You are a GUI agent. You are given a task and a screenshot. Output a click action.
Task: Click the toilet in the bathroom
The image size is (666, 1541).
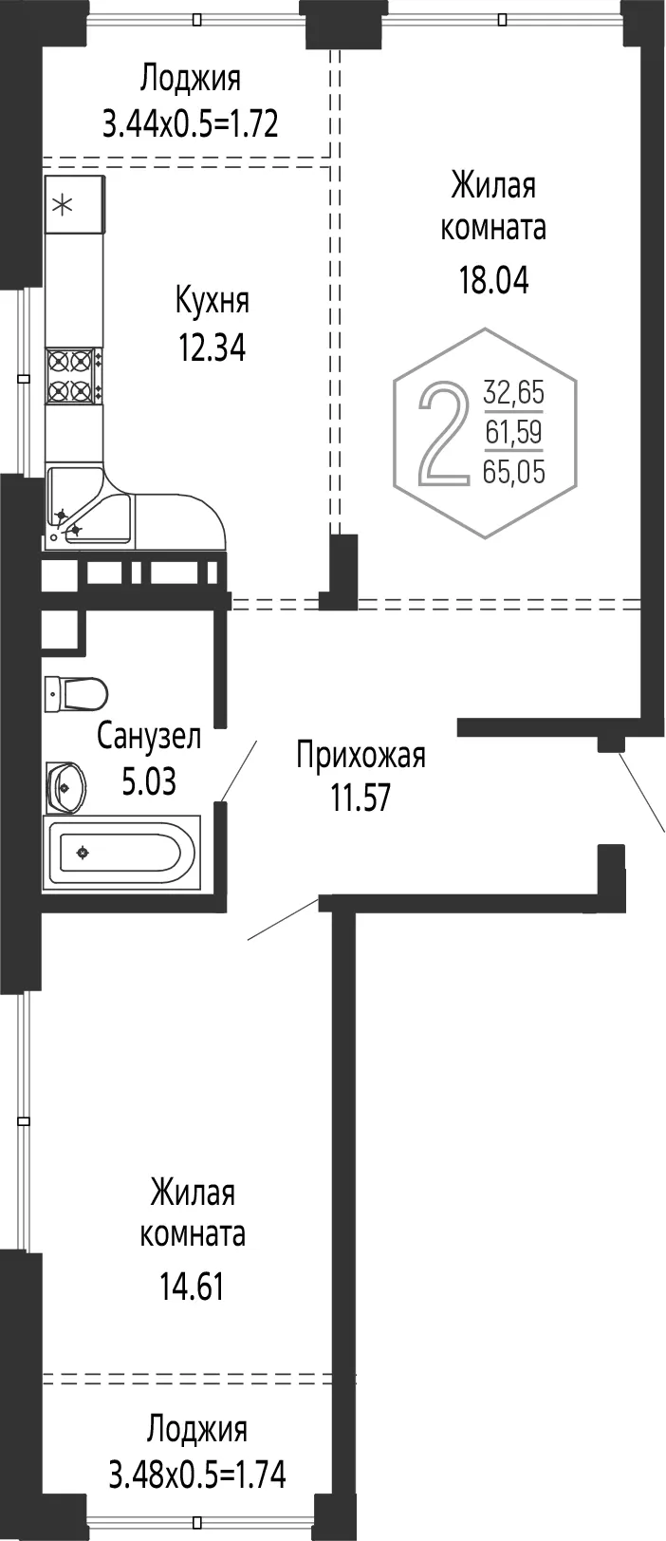pyautogui.click(x=76, y=693)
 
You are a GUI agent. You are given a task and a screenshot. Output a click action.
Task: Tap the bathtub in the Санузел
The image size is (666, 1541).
pyautogui.click(x=121, y=853)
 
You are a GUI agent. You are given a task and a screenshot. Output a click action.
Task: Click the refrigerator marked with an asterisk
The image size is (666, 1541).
pyautogui.click(x=75, y=205)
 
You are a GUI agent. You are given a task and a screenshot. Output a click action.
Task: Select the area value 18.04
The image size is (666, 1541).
pyautogui.click(x=493, y=280)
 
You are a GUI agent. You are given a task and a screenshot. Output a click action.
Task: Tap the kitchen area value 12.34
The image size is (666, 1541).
pyautogui.click(x=212, y=348)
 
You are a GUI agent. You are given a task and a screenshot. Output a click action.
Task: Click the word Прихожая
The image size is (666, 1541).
pyautogui.click(x=361, y=755)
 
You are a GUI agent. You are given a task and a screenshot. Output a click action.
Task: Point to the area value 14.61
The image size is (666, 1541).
pyautogui.click(x=192, y=1286)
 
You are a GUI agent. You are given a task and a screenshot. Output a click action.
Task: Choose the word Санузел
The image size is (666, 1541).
pyautogui.click(x=149, y=736)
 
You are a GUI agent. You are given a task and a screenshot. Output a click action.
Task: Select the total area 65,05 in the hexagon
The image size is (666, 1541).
pyautogui.click(x=514, y=472)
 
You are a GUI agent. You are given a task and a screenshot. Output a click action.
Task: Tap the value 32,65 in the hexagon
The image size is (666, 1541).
pyautogui.click(x=514, y=392)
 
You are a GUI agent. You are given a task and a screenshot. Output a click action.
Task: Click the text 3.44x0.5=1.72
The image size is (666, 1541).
pyautogui.click(x=191, y=124)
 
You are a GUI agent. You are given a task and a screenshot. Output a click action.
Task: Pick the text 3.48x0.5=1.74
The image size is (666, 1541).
pyautogui.click(x=197, y=1455)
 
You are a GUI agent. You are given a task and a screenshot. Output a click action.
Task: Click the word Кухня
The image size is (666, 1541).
pyautogui.click(x=213, y=301)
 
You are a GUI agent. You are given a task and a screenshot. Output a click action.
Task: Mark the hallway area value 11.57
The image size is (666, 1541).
pyautogui.click(x=361, y=798)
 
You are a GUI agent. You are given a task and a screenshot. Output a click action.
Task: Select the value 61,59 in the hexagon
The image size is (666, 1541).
pyautogui.click(x=514, y=432)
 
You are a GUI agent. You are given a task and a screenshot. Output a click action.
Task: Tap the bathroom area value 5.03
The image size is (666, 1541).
pyautogui.click(x=149, y=781)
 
